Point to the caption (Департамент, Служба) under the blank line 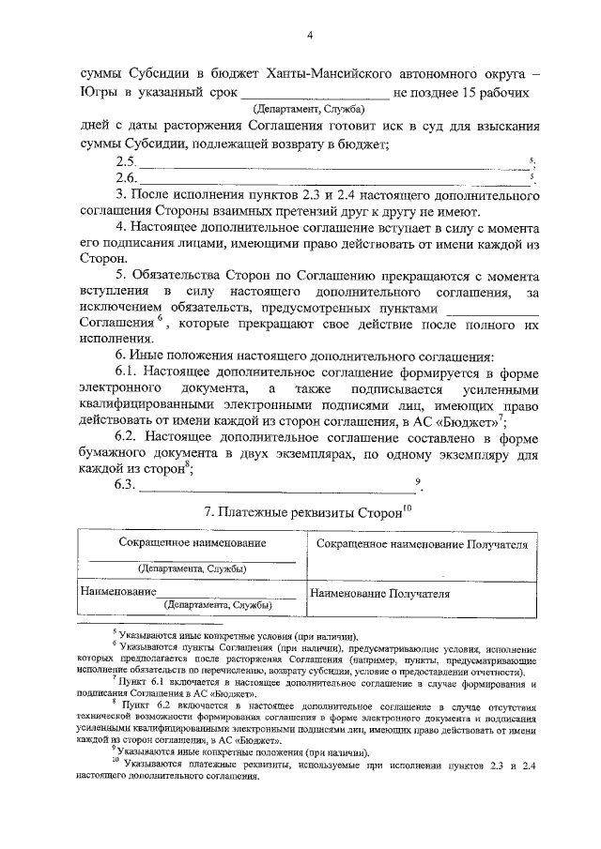pyautogui.click(x=315, y=111)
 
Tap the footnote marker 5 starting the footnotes pyautogui.click(x=115, y=633)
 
